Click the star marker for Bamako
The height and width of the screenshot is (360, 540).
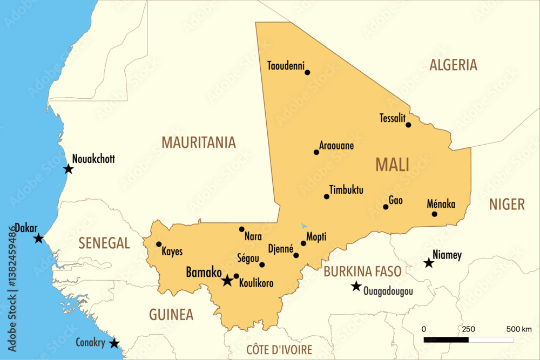tap(227, 280)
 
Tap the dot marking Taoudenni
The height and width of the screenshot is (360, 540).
tap(307, 72)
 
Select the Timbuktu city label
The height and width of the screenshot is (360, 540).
tap(346, 189)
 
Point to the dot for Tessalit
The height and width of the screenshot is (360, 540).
tap(408, 125)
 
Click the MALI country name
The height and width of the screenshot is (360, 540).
tap(393, 165)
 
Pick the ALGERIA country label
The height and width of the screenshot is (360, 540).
tap(453, 65)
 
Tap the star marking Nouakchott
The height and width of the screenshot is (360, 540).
tap(68, 169)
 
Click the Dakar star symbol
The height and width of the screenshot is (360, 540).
tap(38, 238)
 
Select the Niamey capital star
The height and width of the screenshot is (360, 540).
tap(428, 263)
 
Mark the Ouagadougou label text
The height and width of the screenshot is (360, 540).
tap(388, 291)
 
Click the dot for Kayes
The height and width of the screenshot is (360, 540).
tap(159, 244)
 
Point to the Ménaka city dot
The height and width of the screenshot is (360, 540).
tap(434, 214)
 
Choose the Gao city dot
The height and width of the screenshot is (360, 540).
tap(386, 207)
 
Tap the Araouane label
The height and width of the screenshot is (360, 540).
tap(336, 146)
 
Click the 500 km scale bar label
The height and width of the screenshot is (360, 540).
tap(518, 329)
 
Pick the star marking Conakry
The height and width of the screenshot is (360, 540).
tap(114, 343)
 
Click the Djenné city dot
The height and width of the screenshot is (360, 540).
tap(296, 255)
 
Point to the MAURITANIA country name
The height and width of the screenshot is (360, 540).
tap(199, 142)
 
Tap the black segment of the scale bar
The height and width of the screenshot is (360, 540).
tap(446, 339)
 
